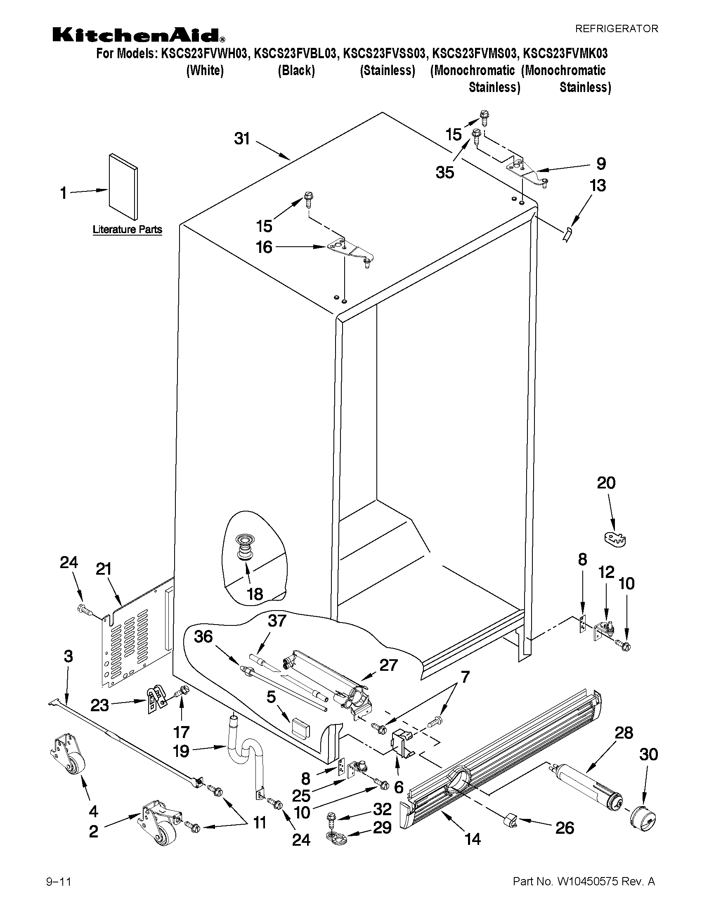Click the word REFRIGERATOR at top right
point(616,29)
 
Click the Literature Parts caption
point(127,229)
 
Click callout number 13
point(598,185)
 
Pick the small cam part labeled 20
point(615,540)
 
